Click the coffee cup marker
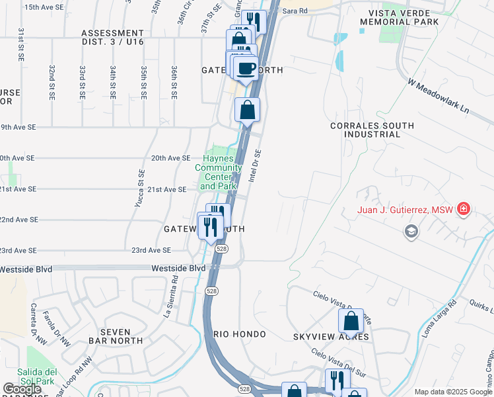pyautogui.click(x=246, y=68)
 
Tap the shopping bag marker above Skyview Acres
pyautogui.click(x=351, y=321)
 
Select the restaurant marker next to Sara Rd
pyautogui.click(x=253, y=22)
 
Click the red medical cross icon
pyautogui.click(x=464, y=210)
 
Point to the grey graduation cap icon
pyautogui.click(x=411, y=230)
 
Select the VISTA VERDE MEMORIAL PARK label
pyautogui.click(x=400, y=17)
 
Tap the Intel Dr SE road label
pyautogui.click(x=256, y=165)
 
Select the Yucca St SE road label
pyautogui.click(x=140, y=188)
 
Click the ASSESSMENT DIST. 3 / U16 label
pyautogui.click(x=112, y=37)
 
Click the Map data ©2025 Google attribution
pyautogui.click(x=453, y=392)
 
